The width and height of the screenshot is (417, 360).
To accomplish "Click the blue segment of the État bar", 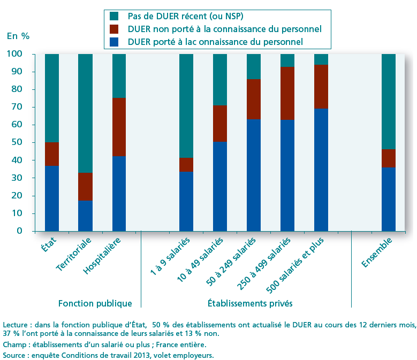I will tap(52, 198).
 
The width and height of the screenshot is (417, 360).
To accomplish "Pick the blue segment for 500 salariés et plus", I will tap(321, 170).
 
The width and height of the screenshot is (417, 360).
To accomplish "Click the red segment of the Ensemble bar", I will tap(389, 158).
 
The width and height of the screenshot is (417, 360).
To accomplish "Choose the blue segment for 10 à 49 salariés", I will tap(220, 186).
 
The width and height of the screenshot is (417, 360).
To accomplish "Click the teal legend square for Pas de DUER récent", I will tap(113, 17).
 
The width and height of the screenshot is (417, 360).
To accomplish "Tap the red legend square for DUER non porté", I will tap(113, 29).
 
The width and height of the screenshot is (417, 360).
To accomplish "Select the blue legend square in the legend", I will tap(113, 41).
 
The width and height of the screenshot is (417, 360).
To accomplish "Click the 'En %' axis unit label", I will tap(18, 36).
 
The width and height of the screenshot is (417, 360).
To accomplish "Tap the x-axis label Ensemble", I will tap(377, 252).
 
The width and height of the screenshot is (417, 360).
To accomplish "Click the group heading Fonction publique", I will tap(95, 303).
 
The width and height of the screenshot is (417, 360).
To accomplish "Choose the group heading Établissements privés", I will tap(250, 303).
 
